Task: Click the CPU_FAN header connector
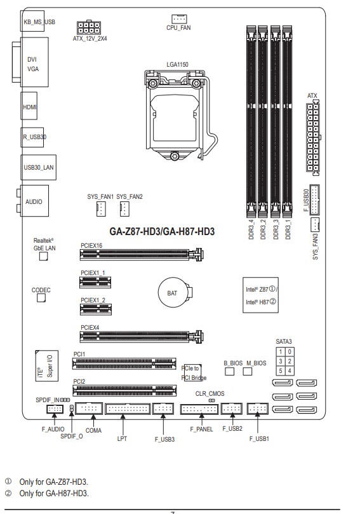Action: [179, 19]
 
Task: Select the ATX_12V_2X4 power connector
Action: [89, 28]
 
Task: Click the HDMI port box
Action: [29, 106]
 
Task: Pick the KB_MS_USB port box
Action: [32, 21]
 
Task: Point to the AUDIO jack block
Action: [35, 201]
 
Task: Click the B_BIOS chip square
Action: [230, 371]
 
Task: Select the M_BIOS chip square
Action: [248, 371]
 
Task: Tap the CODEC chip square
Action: [41, 297]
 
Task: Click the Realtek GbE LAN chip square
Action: [44, 256]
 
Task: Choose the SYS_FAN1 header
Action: [101, 209]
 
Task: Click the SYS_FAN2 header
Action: [125, 209]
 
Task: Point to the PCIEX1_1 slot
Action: [95, 282]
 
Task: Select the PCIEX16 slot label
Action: [91, 245]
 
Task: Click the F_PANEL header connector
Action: [199, 409]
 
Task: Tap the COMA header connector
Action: [89, 409]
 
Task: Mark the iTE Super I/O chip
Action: [47, 366]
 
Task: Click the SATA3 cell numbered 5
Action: [281, 371]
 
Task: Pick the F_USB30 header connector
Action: [315, 200]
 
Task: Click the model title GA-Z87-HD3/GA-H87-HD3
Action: [162, 231]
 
